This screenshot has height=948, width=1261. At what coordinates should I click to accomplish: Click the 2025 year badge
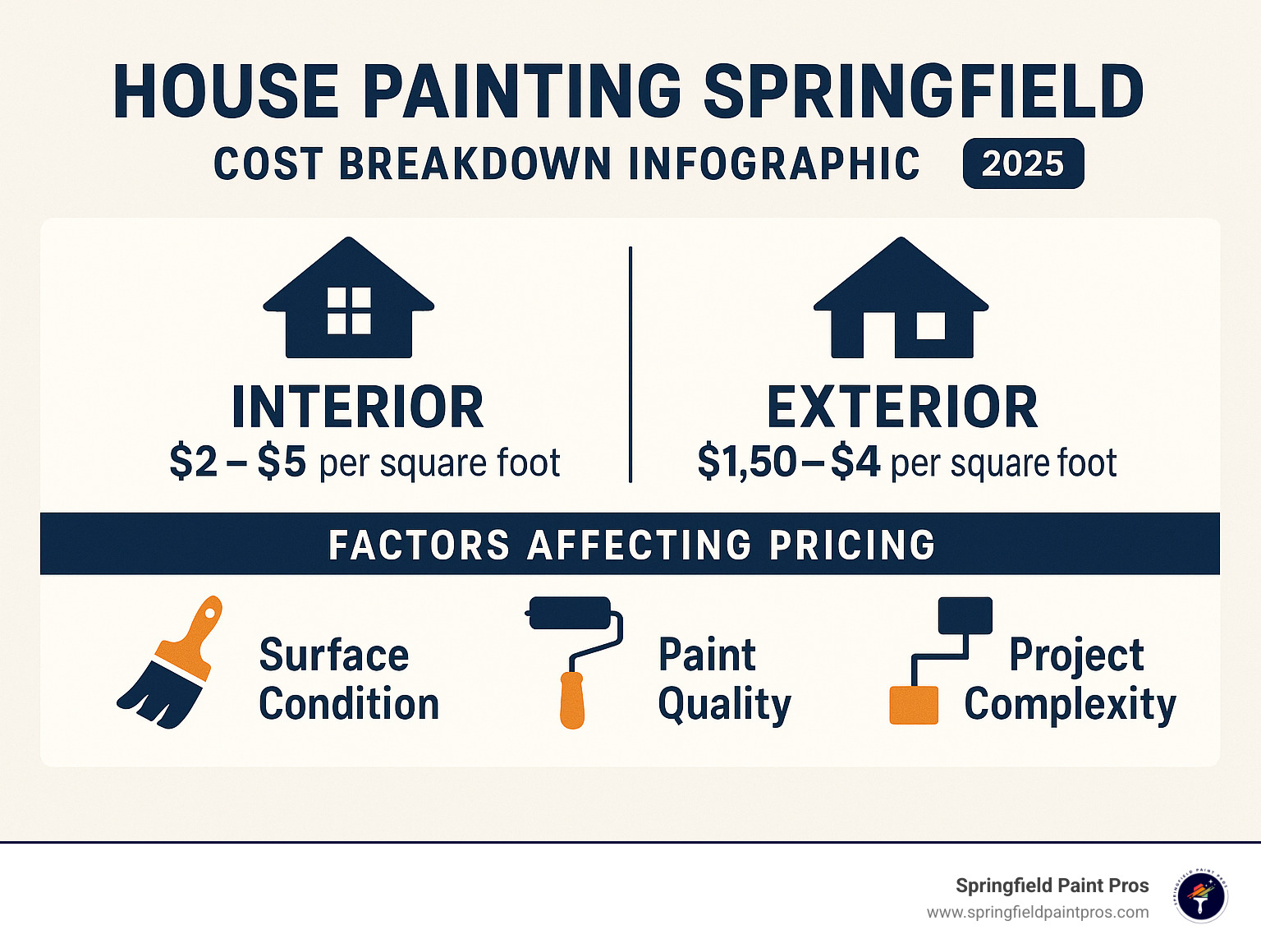coord(1023,163)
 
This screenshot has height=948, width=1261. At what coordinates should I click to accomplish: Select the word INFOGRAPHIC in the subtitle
coord(773,163)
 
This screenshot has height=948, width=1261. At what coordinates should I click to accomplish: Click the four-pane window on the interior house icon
coord(349,311)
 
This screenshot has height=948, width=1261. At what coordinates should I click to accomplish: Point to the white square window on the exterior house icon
coord(930,325)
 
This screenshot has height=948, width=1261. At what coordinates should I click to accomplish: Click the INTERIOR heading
coord(357,407)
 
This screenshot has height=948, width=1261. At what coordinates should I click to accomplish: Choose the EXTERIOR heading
coord(902,407)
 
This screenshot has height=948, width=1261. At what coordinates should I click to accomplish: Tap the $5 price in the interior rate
coord(282,462)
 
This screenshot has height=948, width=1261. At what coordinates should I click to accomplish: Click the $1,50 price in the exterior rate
coord(746,462)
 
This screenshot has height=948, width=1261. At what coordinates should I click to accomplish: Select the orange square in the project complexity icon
coord(914,706)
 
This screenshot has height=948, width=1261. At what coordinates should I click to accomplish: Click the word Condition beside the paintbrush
coord(349,705)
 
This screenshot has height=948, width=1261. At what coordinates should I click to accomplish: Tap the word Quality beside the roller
coord(724,705)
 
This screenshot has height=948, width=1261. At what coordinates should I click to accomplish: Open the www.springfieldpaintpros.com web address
coord(1038,913)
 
